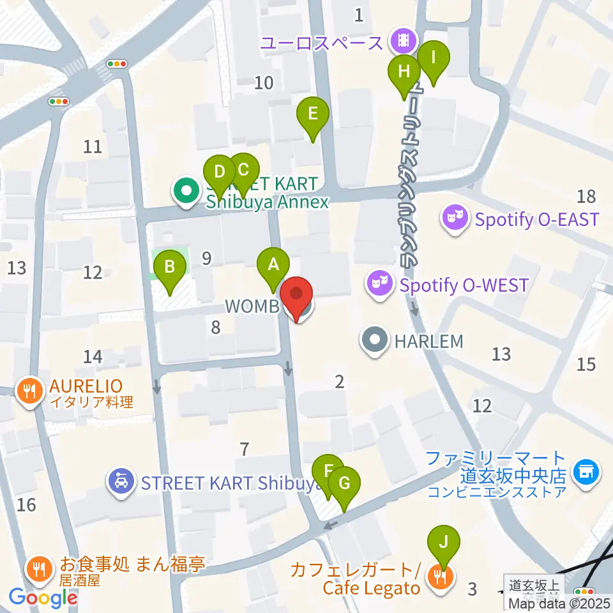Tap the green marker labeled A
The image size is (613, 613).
tap(273, 265)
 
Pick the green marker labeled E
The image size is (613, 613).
tap(313, 115)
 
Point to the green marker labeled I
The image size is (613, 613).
tap(434, 59)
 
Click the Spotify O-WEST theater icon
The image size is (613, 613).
tap(379, 284)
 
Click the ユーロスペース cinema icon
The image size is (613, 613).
tap(404, 42)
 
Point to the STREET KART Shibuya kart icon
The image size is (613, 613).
tap(121, 482)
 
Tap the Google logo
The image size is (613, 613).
tap(43, 598)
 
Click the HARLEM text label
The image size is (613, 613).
tap(428, 342)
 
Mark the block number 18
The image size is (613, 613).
tap(586, 196)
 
